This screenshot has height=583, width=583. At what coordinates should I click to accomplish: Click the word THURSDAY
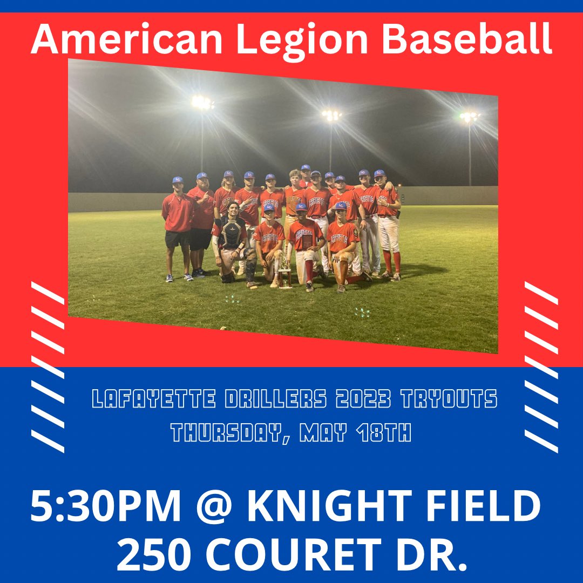[x=225, y=432]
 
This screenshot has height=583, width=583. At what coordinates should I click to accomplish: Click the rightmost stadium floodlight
[x=469, y=117]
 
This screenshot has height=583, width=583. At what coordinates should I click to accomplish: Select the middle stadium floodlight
[x=331, y=114]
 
